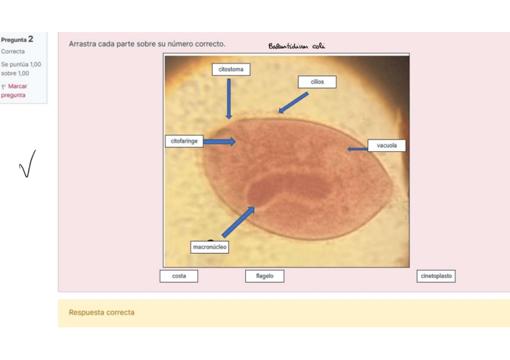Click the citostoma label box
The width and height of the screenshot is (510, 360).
click(x=231, y=70)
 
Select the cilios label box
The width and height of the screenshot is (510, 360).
click(x=317, y=82)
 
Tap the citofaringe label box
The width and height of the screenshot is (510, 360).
click(x=184, y=141)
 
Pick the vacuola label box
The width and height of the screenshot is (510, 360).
click(x=387, y=145)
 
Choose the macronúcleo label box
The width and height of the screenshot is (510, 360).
click(x=210, y=247)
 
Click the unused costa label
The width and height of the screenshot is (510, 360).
click(x=179, y=276)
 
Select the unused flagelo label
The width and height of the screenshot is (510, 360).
click(x=265, y=276)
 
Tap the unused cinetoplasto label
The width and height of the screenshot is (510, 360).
click(x=436, y=276)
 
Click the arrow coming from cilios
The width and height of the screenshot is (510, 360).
click(x=293, y=102)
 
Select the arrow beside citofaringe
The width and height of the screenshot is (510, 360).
click(x=220, y=142)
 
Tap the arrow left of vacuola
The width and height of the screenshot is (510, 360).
click(x=357, y=149)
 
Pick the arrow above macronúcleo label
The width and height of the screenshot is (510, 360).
click(x=238, y=222)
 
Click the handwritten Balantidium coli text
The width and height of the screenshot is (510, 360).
click(x=296, y=46)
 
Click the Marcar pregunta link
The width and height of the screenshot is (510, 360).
click(x=14, y=91)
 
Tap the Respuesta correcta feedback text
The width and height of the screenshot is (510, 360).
click(x=102, y=313)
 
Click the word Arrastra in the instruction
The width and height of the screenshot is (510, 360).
click(x=82, y=44)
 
